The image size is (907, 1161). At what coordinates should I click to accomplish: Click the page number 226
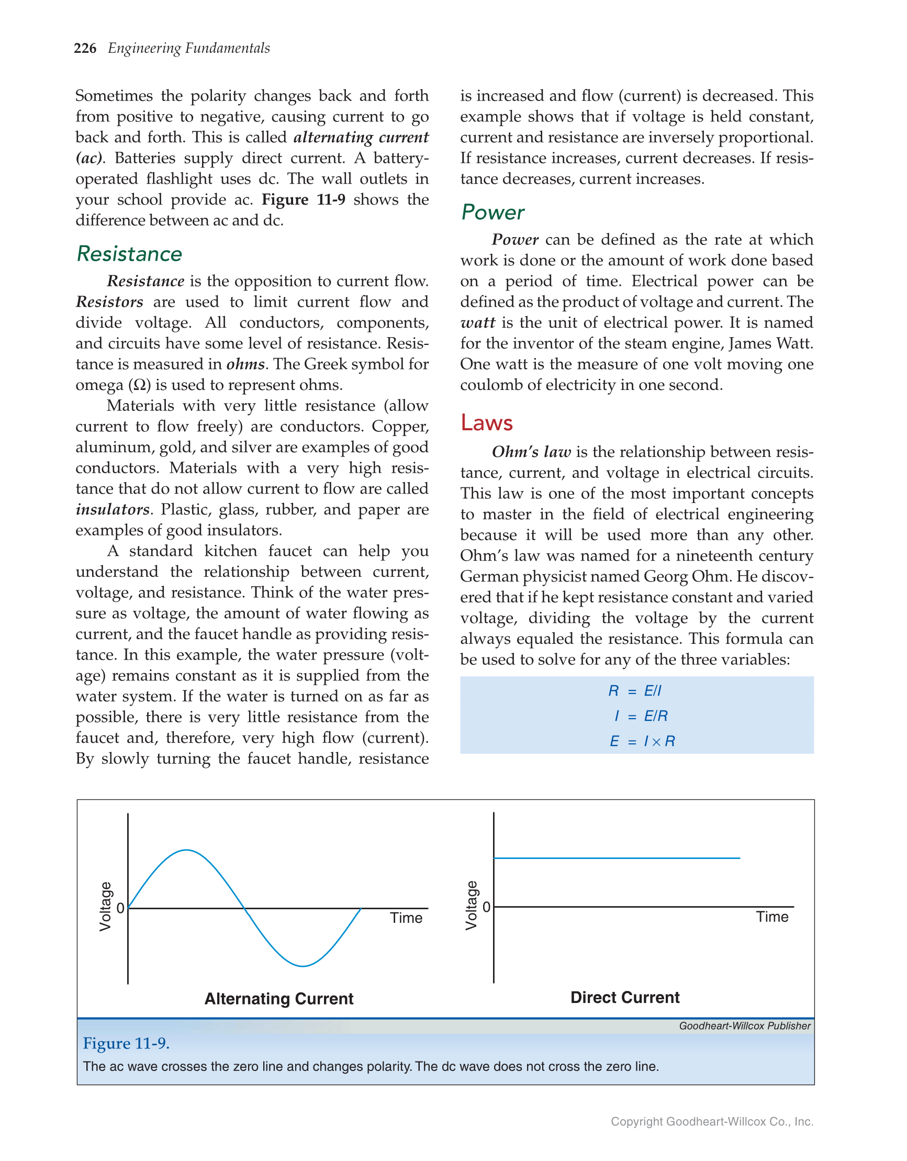tap(85, 48)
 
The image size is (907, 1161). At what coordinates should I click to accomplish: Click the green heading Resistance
tap(129, 253)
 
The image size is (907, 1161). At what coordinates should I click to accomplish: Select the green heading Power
tap(492, 212)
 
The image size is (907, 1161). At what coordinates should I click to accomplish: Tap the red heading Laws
tap(486, 422)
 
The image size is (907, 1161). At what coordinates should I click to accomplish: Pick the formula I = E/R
tap(640, 716)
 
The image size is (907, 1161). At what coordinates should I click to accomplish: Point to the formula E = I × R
tap(642, 741)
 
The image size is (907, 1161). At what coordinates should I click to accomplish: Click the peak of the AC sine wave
tap(186, 851)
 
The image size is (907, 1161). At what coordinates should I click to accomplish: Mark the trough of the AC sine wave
tap(302, 966)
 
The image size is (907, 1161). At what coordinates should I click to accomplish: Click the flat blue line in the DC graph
tap(617, 858)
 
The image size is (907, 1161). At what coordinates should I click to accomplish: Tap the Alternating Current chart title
tap(278, 999)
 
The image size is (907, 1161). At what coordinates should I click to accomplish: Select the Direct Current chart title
tap(625, 997)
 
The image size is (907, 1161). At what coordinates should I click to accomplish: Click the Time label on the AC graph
tap(406, 918)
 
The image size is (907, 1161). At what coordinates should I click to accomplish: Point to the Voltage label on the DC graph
tap(471, 906)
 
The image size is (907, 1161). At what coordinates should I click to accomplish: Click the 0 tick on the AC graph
tap(121, 908)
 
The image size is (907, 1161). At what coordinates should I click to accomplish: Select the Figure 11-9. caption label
tap(126, 1044)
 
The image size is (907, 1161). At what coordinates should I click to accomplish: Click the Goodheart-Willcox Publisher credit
tap(744, 1026)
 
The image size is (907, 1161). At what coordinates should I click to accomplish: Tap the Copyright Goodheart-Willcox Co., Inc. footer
tap(711, 1121)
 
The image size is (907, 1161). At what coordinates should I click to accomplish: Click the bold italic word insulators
tap(112, 509)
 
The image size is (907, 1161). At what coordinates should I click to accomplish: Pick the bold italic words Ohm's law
tap(531, 452)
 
